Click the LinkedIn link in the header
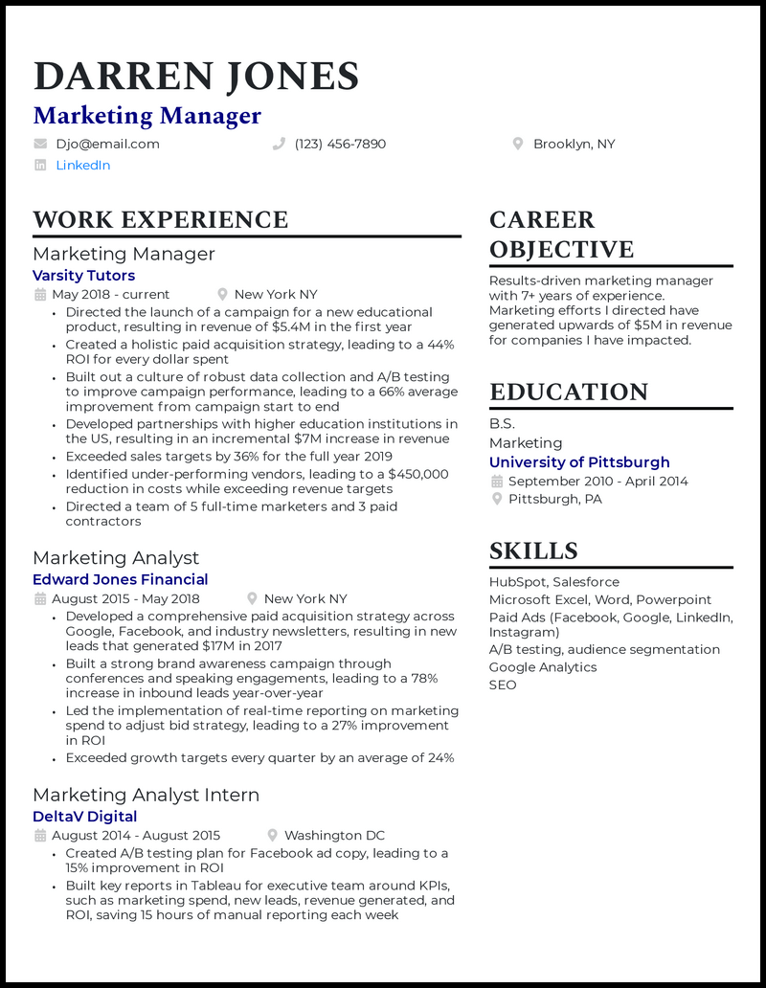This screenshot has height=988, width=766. point(82,166)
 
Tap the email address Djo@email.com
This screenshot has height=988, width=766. point(107,145)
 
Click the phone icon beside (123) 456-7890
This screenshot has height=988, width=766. point(280,145)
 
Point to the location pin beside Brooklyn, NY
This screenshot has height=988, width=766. point(518,145)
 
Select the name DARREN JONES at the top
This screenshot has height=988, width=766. point(196,77)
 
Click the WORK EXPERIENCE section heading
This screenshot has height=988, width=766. point(160,220)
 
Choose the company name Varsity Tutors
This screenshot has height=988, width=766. point(83,276)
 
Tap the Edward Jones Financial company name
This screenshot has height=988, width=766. point(120,579)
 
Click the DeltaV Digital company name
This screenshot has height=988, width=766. point(84,817)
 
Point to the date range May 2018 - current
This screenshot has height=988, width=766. point(110,295)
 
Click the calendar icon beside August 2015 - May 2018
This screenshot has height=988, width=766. point(40,599)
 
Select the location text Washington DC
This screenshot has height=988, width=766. point(334,836)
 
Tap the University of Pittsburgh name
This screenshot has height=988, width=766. point(579,462)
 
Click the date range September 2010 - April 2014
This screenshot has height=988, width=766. point(597,482)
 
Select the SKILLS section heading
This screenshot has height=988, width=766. point(533,551)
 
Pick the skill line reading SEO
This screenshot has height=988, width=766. point(503,685)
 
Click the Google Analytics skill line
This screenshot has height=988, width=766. point(543,667)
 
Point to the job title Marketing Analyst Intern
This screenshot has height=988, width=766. point(146,795)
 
